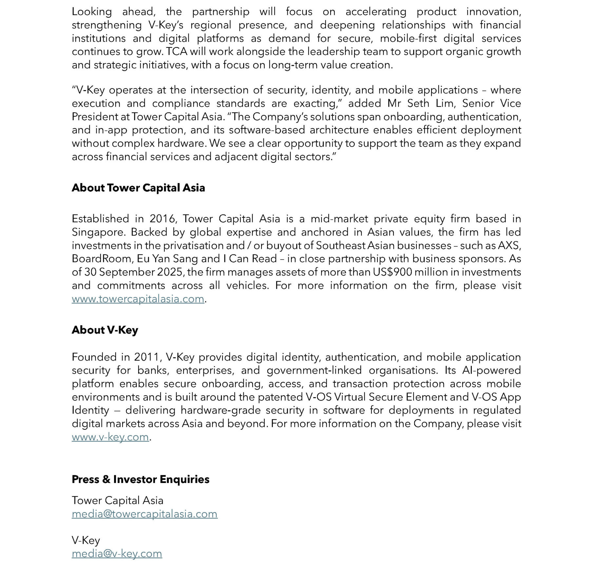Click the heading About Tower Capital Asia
(x=138, y=188)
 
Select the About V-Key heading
(x=105, y=330)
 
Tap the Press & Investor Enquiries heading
(x=141, y=479)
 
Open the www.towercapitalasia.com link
(x=138, y=299)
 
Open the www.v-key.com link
(x=110, y=437)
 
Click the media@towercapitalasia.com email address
(x=144, y=514)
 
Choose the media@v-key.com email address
(x=117, y=553)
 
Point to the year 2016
(x=162, y=218)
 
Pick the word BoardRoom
(x=102, y=259)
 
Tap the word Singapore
(x=98, y=232)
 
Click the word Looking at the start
(x=92, y=12)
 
